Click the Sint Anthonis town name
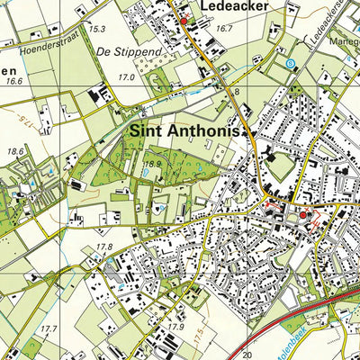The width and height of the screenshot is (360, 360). pos(186,131)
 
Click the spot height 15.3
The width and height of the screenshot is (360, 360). pos(98,29)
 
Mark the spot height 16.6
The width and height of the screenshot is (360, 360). pos(13,81)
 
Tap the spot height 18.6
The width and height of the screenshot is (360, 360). pos(16,152)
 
